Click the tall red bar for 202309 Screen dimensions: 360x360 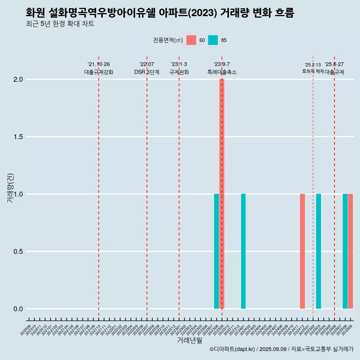click(x=222, y=194)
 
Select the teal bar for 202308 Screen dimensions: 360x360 click(x=216, y=251)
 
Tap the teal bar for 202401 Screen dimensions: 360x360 click(x=243, y=251)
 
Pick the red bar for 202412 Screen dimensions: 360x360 click(x=302, y=251)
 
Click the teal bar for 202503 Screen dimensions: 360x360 click(x=318, y=251)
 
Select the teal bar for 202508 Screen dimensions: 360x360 click(x=345, y=251)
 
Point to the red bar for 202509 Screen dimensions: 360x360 click(x=350, y=251)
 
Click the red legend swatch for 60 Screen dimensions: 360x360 click(x=191, y=40)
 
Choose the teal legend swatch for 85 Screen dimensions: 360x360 click(x=213, y=40)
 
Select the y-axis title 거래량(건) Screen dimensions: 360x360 click(x=10, y=188)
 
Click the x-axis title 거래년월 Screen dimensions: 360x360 click(x=189, y=340)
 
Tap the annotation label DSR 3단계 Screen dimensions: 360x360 click(x=147, y=72)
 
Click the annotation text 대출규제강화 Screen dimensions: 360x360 click(x=99, y=72)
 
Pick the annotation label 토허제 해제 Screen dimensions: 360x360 click(x=313, y=71)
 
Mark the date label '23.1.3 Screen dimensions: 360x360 click(x=179, y=64)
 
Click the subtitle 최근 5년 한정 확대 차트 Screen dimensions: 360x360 click(x=60, y=24)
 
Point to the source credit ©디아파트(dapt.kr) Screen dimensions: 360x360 click(x=232, y=349)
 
